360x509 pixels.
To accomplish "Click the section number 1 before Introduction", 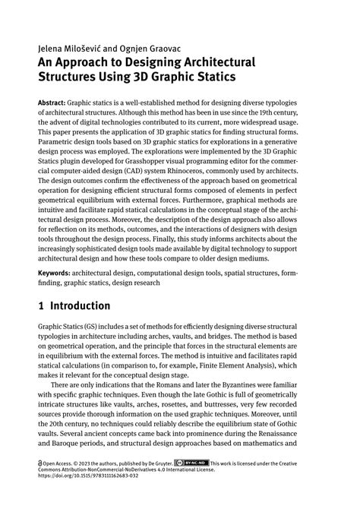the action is tap(41, 306).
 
